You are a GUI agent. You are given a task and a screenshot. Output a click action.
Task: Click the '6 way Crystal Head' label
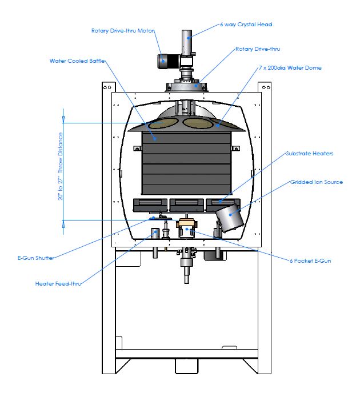point(246,25)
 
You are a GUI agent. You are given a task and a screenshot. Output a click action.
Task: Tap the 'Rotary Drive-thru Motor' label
point(123,31)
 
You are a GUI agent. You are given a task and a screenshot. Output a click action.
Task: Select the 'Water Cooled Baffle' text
point(77,61)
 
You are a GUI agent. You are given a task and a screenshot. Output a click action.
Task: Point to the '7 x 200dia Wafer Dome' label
point(290,68)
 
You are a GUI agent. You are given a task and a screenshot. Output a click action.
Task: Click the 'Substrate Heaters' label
point(309,153)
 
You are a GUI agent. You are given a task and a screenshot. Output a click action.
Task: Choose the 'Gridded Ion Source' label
point(317,182)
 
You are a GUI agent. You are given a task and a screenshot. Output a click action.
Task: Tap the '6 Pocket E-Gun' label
point(310,260)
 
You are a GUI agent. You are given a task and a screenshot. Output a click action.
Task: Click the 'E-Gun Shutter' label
point(36,258)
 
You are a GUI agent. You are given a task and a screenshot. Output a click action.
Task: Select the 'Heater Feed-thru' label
point(58,283)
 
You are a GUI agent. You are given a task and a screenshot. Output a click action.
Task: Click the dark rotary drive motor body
point(167,59)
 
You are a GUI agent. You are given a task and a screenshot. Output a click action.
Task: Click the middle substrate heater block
point(186,203)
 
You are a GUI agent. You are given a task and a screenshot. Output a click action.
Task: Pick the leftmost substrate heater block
point(150,203)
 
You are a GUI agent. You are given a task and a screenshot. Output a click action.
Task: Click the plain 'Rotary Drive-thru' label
point(258,49)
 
